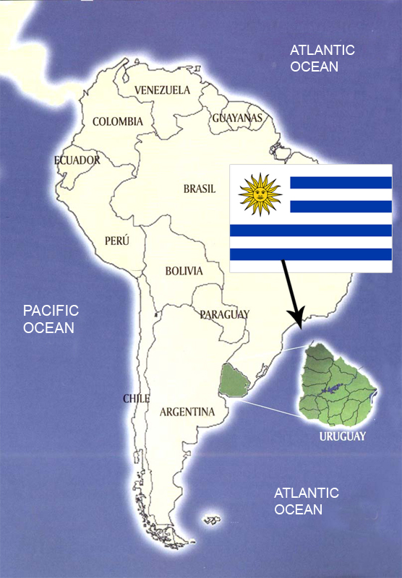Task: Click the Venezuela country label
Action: pos(163,90)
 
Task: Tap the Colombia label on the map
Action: pos(118,121)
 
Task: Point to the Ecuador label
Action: pos(77,160)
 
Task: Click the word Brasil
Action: pos(200,189)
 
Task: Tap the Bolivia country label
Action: pos(184,272)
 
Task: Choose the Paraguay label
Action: pos(224,314)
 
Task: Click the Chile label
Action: pos(136,399)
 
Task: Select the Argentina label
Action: pos(187,413)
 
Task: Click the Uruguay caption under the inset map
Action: pos(343,436)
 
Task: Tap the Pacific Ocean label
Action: pos(51,319)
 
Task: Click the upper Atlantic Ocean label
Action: pos(322,58)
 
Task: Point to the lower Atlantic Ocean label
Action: pos(307,501)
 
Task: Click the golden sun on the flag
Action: pos(260,194)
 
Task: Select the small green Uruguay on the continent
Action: pos(234,380)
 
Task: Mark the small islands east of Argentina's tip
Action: pos(211,519)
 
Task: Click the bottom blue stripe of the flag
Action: pos(311,254)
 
